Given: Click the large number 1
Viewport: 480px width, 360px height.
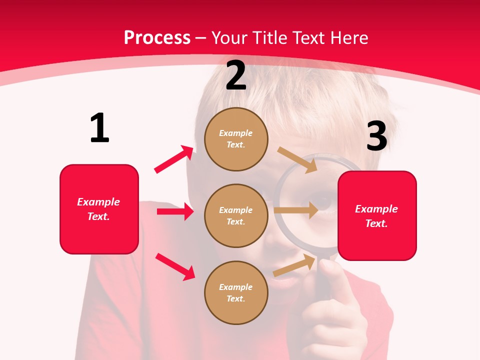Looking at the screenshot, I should (99, 128).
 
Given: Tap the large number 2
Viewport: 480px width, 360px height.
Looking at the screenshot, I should (236, 75).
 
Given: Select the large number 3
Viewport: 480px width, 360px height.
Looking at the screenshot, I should (376, 136).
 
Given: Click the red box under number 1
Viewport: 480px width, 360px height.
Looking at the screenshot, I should (99, 209).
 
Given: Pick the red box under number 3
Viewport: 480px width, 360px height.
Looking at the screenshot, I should (377, 215).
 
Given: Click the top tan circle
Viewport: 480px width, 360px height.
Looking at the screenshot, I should (236, 139).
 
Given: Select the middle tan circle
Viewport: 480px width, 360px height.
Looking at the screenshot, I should (236, 215).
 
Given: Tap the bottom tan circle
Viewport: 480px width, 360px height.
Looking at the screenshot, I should (236, 292).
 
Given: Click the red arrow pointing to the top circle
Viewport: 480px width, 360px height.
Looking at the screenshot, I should (174, 159).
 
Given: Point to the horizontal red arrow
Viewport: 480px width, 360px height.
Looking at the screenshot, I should (175, 211).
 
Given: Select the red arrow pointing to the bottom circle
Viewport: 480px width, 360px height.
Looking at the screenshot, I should (175, 266).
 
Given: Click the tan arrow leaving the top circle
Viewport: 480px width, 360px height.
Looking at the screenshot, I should (297, 159).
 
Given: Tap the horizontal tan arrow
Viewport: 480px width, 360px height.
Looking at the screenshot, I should (296, 210).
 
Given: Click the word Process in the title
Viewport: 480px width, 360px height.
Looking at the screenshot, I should (157, 38).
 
